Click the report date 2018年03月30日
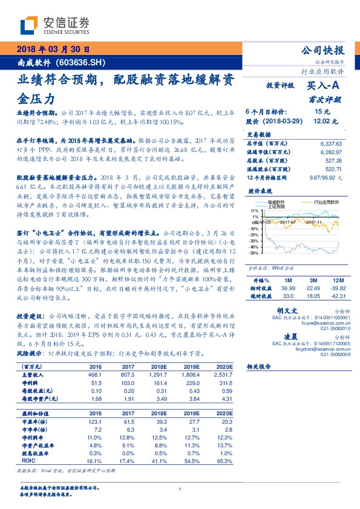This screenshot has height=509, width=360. (x=53, y=50)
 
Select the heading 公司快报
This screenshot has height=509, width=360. (x=323, y=50)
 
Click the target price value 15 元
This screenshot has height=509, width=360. (x=322, y=112)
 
